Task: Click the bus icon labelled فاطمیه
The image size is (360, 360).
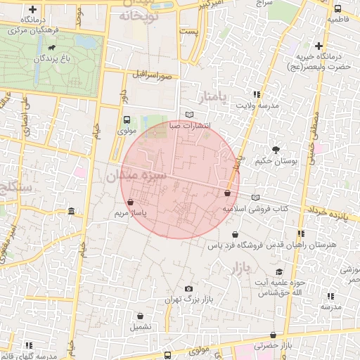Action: point(338,9)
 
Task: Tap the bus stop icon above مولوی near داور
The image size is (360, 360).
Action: point(127,120)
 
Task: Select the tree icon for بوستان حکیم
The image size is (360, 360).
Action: point(276,149)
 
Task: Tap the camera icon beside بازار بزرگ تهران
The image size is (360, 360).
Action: point(188,288)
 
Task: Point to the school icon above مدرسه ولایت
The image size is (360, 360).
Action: point(257,94)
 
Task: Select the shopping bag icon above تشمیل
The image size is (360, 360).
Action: point(139,316)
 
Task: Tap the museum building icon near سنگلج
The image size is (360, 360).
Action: point(72,212)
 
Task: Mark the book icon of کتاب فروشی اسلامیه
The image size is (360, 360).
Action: point(255,198)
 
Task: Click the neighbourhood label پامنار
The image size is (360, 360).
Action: point(233,96)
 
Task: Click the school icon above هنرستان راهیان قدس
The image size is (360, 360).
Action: point(301,233)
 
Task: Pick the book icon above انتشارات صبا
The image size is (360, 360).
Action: point(188,115)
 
